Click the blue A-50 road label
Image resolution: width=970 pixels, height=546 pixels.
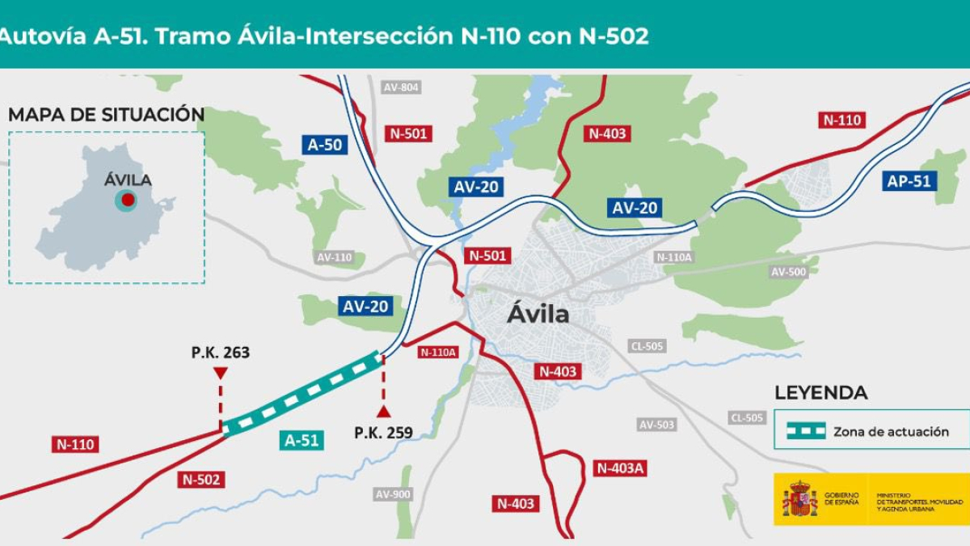(325, 145)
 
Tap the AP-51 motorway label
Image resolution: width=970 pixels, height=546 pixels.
(909, 181)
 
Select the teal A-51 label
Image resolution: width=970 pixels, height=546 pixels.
(302, 440)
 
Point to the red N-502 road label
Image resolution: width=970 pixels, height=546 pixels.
(201, 479)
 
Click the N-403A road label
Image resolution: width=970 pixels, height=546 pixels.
(620, 468)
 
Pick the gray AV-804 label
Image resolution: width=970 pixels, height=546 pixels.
(402, 87)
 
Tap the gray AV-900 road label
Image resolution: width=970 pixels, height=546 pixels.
(393, 494)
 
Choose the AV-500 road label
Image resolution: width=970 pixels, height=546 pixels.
(788, 272)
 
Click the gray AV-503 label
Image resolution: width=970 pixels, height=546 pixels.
(656, 425)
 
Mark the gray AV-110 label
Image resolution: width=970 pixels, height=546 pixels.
(334, 257)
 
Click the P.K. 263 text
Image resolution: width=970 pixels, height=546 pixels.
(221, 353)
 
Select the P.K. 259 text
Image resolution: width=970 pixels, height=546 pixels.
(383, 433)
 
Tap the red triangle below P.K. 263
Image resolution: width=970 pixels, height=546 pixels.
(220, 373)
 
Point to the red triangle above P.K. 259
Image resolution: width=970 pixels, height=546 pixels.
(383, 411)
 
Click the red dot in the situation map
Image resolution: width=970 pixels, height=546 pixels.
(128, 199)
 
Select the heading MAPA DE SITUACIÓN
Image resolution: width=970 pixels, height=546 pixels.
(106, 115)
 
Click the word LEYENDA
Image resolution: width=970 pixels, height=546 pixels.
(820, 393)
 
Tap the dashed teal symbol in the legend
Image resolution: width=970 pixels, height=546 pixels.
(806, 431)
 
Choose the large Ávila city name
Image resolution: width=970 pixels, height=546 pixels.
(538, 314)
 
